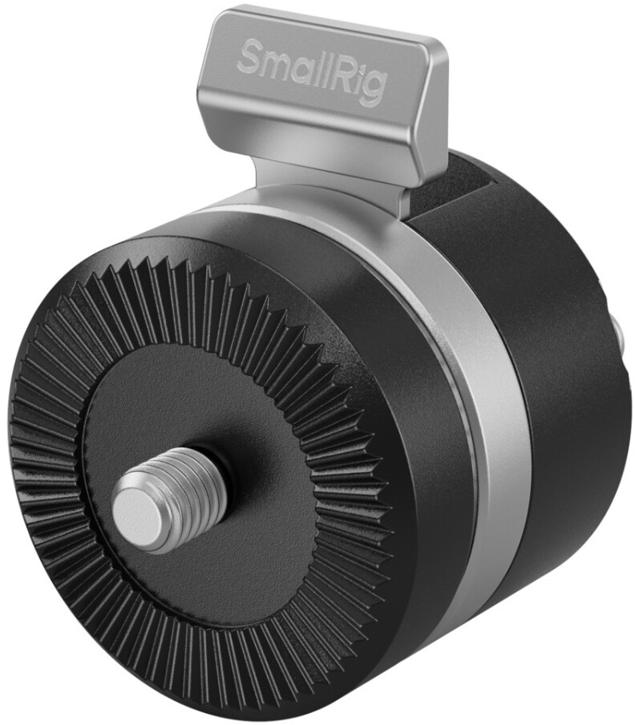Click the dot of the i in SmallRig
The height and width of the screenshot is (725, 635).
362,67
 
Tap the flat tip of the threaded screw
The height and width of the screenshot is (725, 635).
136,504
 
